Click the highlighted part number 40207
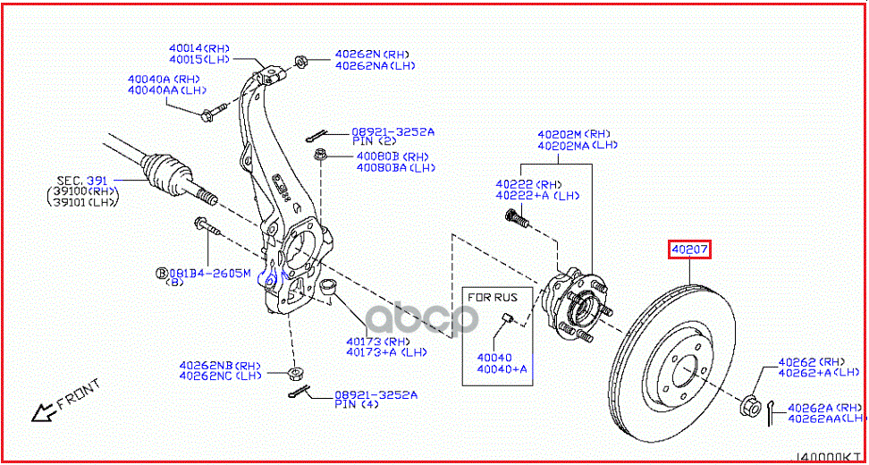[x=689, y=249]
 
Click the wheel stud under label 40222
[x=515, y=217]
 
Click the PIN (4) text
[x=353, y=404]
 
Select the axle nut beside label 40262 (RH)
[x=749, y=403]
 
